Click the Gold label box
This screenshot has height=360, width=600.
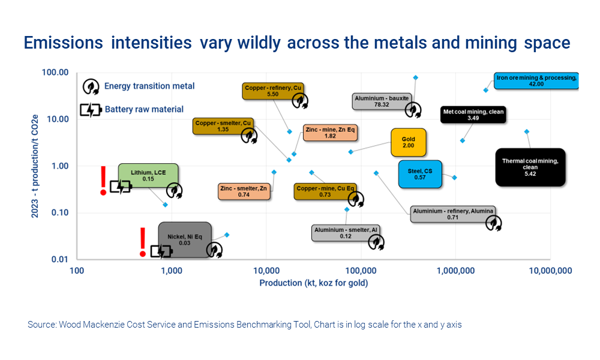(408, 143)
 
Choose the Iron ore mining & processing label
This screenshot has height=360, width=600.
(536, 81)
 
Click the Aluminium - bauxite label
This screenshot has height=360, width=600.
(381, 101)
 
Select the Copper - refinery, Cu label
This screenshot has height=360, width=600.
(273, 91)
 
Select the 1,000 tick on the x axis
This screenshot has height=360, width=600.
(172, 271)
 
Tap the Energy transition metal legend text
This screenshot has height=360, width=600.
(149, 86)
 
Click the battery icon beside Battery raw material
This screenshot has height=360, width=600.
(91, 110)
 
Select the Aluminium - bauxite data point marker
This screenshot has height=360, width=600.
(415, 77)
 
